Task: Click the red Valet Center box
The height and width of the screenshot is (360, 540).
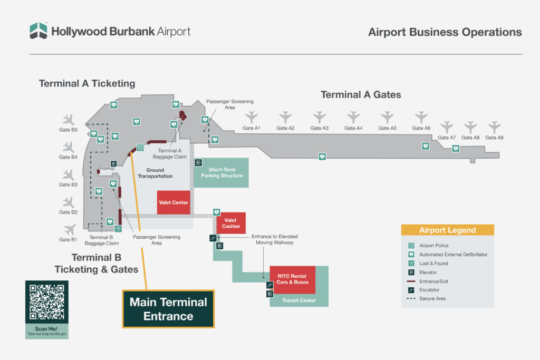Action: click(x=173, y=202)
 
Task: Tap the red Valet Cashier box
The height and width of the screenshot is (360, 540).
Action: click(x=232, y=223)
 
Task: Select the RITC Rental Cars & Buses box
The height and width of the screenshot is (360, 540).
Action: click(x=289, y=280)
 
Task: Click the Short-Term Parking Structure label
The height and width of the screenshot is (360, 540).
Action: click(x=221, y=172)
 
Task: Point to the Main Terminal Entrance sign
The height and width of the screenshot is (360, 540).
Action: click(x=168, y=309)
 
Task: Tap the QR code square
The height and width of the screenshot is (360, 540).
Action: click(x=47, y=302)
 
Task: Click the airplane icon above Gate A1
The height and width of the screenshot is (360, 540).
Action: click(x=252, y=116)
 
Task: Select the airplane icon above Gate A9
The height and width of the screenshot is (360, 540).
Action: click(x=494, y=127)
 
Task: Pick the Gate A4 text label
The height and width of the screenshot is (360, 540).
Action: click(x=353, y=128)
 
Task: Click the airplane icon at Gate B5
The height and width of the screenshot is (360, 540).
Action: click(x=69, y=120)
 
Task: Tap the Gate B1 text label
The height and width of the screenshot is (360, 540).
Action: click(x=68, y=240)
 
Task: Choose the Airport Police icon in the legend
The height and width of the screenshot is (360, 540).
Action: click(x=410, y=245)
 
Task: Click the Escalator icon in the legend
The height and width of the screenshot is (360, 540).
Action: click(x=410, y=289)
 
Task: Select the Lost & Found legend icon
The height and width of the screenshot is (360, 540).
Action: click(x=410, y=263)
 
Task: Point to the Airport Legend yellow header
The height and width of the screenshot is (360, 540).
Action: click(x=447, y=230)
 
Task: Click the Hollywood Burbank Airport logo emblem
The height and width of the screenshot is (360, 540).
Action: click(x=38, y=31)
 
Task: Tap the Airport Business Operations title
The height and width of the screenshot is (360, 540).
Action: click(x=445, y=32)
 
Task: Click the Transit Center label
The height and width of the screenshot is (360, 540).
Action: click(x=298, y=300)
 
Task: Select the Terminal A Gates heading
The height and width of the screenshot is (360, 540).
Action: click(x=361, y=95)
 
